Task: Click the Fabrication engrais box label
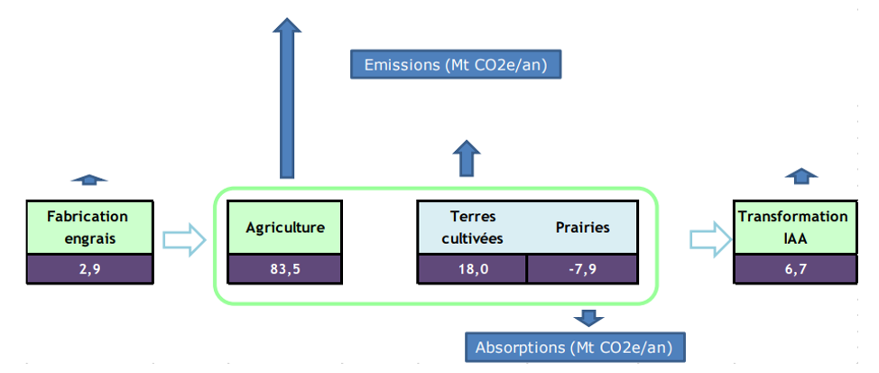[89, 228]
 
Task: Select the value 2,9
[89, 268]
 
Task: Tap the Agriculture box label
[285, 228]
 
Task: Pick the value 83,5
[285, 268]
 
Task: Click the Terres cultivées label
[473, 228]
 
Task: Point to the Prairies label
[583, 228]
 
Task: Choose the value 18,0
[473, 268]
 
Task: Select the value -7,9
[582, 268]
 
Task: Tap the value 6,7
[796, 268]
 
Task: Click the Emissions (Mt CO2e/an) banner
[456, 64]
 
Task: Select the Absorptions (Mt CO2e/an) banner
[575, 347]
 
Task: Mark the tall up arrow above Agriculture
[286, 98]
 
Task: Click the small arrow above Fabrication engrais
[89, 180]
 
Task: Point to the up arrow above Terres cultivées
[467, 158]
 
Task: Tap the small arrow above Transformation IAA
[800, 176]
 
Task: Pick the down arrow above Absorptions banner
[588, 318]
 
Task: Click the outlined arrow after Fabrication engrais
[184, 240]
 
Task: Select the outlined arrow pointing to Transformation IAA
[711, 239]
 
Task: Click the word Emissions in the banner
[402, 64]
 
